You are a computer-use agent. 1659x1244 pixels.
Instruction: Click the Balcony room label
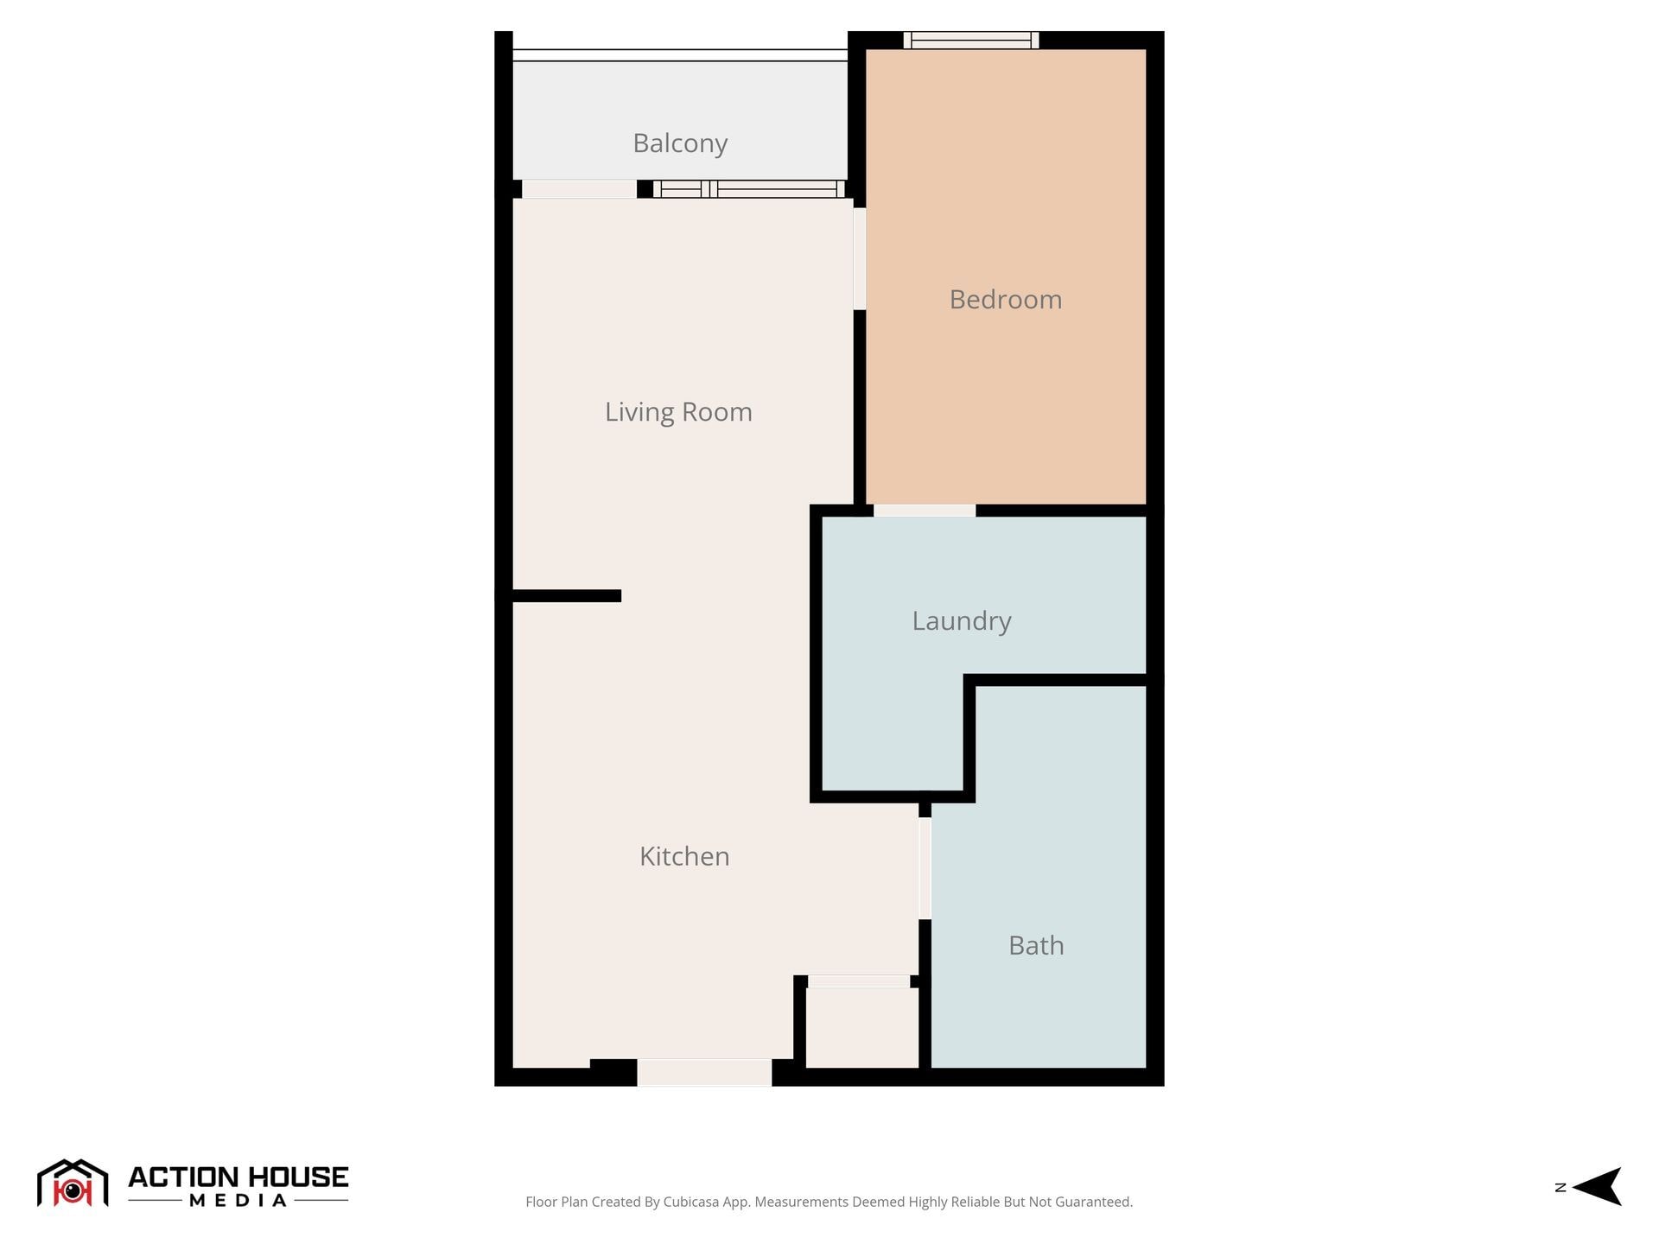pyautogui.click(x=680, y=143)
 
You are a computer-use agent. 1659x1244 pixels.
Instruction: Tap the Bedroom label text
pyautogui.click(x=1005, y=300)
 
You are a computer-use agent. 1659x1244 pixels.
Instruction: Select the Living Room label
pyautogui.click(x=678, y=412)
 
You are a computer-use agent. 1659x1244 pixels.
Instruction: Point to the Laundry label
pyautogui.click(x=961, y=621)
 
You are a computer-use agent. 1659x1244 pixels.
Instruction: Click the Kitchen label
pyautogui.click(x=684, y=856)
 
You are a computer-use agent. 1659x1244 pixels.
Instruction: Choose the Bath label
pyautogui.click(x=1036, y=946)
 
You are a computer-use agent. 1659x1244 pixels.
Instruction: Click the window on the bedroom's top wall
pyautogui.click(x=971, y=41)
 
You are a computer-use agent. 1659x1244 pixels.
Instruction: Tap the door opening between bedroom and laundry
pyautogui.click(x=925, y=511)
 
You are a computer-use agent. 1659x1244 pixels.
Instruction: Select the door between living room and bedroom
pyautogui.click(x=860, y=258)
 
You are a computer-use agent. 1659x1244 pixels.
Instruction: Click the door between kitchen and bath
pyautogui.click(x=925, y=868)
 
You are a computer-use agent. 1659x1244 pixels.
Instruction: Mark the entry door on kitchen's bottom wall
pyautogui.click(x=704, y=1073)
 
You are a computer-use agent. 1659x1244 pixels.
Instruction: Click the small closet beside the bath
pyautogui.click(x=861, y=1028)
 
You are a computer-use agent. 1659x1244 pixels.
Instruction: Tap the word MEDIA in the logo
pyautogui.click(x=238, y=1201)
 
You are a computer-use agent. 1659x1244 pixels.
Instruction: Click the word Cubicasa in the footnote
pyautogui.click(x=690, y=1202)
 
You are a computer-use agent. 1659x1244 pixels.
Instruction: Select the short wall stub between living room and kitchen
pyautogui.click(x=567, y=596)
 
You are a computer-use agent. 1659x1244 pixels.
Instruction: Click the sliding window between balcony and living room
pyautogui.click(x=748, y=189)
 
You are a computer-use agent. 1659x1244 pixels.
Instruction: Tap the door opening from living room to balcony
pyautogui.click(x=579, y=189)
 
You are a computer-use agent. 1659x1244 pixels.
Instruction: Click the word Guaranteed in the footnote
pyautogui.click(x=1092, y=1202)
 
